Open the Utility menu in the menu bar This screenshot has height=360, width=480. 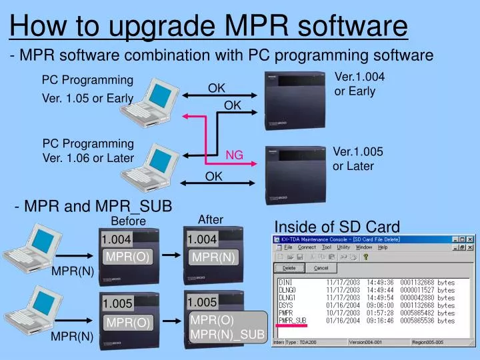coord(343,247)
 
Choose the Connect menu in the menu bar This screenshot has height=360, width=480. coord(307,247)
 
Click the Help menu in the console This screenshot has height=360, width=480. coord(382,247)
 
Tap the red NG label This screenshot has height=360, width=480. coord(234,155)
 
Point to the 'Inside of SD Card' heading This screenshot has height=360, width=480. coord(337,226)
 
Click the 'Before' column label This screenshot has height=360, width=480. coord(128,221)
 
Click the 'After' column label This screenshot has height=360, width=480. coord(211,219)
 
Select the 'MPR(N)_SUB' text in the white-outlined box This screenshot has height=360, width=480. coord(227,333)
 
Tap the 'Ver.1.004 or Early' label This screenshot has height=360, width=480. coord(359,84)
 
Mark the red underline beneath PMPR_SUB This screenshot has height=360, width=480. coord(292,326)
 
